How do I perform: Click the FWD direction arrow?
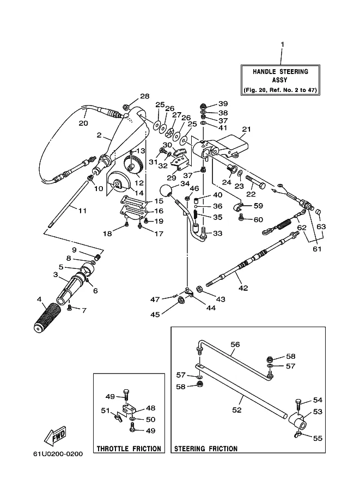click(55, 435)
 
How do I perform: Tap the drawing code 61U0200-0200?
click(58, 454)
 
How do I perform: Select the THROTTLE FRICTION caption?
click(129, 449)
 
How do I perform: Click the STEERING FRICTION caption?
click(206, 449)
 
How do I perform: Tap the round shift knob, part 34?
click(166, 191)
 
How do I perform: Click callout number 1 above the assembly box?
click(282, 45)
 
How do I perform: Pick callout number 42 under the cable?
click(243, 288)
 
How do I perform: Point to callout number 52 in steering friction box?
click(236, 410)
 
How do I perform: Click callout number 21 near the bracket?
click(247, 129)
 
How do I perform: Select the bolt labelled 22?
click(255, 183)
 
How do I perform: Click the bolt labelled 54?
click(298, 404)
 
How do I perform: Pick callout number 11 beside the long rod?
click(82, 211)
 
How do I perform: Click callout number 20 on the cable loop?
click(83, 123)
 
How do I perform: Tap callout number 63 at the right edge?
click(321, 226)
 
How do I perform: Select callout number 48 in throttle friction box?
click(151, 408)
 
